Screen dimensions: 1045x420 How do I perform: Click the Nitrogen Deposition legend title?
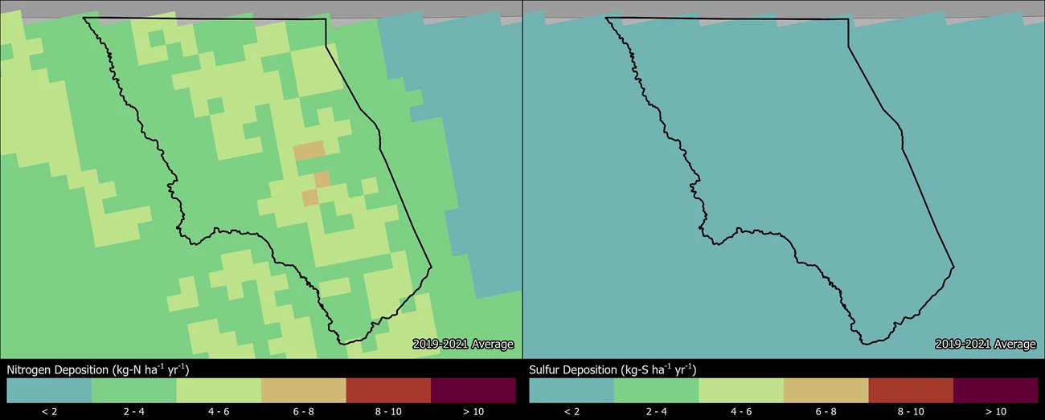[x=98, y=369]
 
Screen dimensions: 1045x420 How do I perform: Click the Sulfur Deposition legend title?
[x=613, y=369]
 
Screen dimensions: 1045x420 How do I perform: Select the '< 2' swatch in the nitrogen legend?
[x=49, y=390]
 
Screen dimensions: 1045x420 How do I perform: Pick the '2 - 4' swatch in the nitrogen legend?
[x=133, y=390]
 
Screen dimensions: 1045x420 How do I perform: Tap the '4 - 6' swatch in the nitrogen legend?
[x=219, y=390]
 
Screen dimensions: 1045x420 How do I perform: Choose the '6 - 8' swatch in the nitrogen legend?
[x=304, y=390]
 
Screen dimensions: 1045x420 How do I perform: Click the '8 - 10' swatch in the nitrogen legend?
[x=388, y=390]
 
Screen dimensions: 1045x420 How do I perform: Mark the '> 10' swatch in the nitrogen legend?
[x=473, y=390]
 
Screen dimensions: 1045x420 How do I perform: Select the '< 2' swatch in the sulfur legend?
[x=572, y=390]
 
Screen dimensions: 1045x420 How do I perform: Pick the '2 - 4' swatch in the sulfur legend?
[x=656, y=390]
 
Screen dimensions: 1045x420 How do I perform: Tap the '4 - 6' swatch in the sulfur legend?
[x=741, y=390]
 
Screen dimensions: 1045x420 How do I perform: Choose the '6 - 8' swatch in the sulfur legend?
[x=826, y=390]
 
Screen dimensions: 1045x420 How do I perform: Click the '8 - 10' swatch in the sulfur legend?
[x=911, y=390]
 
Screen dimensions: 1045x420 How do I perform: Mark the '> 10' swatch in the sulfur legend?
[x=995, y=390]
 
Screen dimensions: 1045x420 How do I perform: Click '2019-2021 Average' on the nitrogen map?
[x=463, y=345]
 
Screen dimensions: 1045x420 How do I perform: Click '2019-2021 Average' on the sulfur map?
[x=986, y=345]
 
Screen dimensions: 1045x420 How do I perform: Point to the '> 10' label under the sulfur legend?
[x=995, y=411]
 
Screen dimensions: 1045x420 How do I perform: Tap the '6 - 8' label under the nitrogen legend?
[x=304, y=411]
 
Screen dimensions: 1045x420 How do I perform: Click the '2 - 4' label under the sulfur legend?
[x=656, y=411]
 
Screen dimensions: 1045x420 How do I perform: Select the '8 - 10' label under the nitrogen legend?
[x=388, y=411]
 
